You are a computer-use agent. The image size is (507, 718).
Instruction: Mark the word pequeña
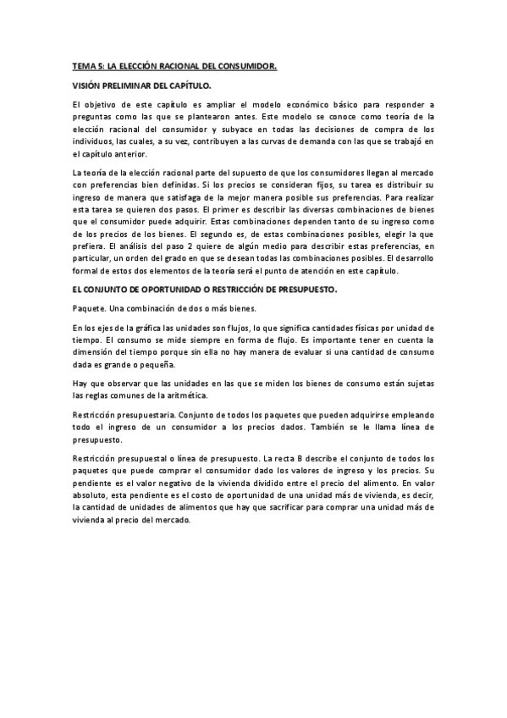click(x=157, y=366)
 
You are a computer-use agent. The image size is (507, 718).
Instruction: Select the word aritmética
click(x=180, y=396)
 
